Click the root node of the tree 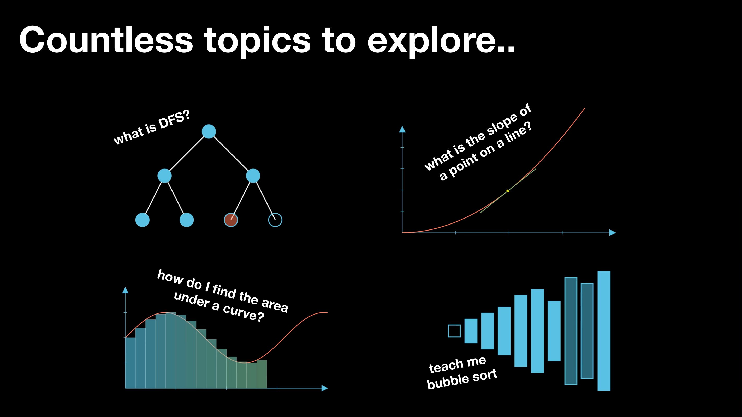(x=209, y=131)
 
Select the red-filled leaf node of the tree (x=231, y=220)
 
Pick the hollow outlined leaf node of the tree (x=275, y=220)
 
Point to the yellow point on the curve (x=508, y=191)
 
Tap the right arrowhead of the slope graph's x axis (x=613, y=233)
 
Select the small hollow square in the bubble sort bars (x=454, y=331)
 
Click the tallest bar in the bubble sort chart (x=604, y=331)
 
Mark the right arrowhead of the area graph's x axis (x=325, y=388)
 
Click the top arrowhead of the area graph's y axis (x=125, y=290)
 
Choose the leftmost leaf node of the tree (x=142, y=220)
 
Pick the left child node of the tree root (x=164, y=176)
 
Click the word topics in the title (x=257, y=42)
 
